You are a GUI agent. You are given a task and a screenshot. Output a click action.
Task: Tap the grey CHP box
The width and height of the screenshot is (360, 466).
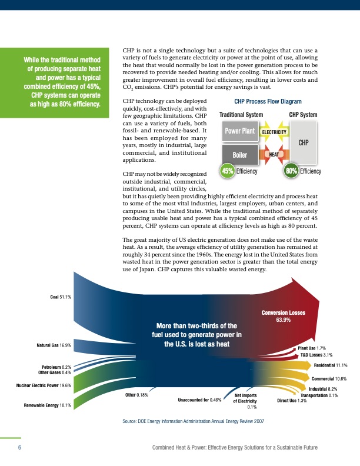[x=304, y=142]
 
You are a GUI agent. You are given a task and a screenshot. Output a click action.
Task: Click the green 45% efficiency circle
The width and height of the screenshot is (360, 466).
[x=226, y=171]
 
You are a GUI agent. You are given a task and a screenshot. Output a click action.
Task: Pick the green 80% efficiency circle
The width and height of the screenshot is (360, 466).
[x=291, y=171]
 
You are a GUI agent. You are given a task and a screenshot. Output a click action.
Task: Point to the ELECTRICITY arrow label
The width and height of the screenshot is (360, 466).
[x=274, y=132]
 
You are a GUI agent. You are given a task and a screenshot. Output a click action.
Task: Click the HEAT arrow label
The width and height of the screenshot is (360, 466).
[x=274, y=154]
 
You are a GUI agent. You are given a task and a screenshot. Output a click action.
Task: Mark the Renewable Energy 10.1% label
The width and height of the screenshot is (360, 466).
[x=48, y=405]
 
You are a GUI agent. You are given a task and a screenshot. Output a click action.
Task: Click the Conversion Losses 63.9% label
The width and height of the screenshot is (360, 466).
[x=284, y=316]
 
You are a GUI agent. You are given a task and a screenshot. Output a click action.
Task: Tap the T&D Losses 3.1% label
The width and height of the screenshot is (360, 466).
[x=317, y=355]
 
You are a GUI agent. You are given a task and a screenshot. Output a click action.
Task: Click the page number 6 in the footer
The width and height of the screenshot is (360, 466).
[x=20, y=448]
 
